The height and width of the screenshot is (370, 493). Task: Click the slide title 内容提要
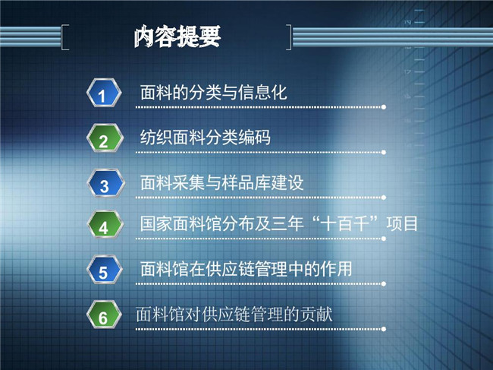[177, 36]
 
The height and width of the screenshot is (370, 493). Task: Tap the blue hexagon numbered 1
[104, 93]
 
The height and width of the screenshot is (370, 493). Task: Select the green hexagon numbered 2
[105, 138]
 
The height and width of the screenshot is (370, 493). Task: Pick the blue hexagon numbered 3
[105, 183]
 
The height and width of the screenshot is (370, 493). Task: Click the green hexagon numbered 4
[105, 225]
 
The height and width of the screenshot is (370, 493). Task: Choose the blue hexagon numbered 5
[105, 270]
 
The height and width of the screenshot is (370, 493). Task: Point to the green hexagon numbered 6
[104, 315]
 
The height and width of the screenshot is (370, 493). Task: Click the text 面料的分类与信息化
[213, 93]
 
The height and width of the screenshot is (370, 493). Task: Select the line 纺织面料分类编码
[206, 138]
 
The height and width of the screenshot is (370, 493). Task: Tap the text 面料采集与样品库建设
[221, 182]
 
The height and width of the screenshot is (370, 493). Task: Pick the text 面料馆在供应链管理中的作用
[246, 269]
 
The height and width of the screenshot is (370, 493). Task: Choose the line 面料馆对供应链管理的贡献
[234, 315]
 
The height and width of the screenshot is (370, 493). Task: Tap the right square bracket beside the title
[289, 37]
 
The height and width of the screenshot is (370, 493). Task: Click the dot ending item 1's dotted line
[384, 107]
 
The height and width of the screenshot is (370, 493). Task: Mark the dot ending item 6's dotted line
[384, 329]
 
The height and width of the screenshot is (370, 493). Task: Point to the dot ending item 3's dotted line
[384, 198]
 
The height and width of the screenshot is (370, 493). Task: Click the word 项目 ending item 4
[402, 224]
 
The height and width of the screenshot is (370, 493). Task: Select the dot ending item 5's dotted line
[384, 283]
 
